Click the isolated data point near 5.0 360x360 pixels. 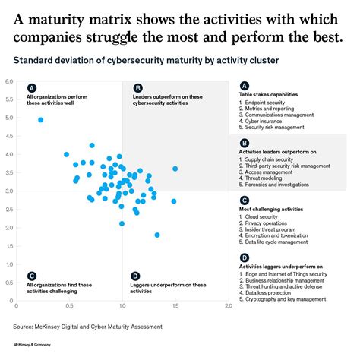pos(40,120)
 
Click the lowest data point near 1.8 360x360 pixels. pos(157,235)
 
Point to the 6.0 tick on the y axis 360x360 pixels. pos(9,81)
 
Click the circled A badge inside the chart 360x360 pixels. pos(30,87)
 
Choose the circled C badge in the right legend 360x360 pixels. pos(243,201)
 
